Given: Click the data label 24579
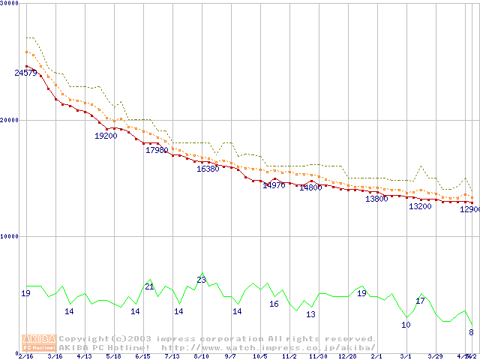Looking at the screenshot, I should point(25,73).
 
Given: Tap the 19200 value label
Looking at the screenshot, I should point(106,136).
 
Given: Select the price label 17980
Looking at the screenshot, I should point(157,150).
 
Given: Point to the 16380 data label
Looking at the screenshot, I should point(208,169).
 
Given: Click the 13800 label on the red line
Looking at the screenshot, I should point(376,199).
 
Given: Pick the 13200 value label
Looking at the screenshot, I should point(420,206).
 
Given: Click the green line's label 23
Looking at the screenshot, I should point(201,280).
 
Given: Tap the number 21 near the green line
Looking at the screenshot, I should point(149,286).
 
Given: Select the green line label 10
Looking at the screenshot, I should point(406,325).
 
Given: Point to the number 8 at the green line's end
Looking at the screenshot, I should point(471,332).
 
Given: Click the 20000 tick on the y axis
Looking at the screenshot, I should point(9,119).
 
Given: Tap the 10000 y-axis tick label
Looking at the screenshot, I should point(9,235).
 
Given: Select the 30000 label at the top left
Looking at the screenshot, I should point(9,3).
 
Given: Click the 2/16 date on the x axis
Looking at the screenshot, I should point(26,356).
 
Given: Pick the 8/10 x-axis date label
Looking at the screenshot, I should point(201,356).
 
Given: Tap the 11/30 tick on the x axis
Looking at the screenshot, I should point(318,356).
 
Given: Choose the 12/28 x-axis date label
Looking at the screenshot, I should point(347,356).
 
